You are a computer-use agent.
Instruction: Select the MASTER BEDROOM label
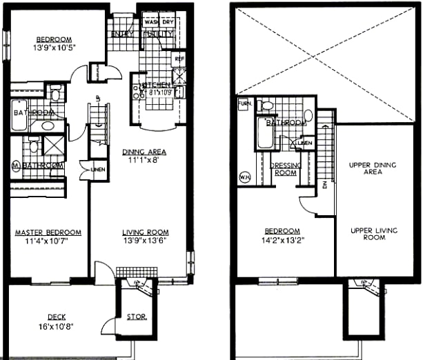pos(48,232)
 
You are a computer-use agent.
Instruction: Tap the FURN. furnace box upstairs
pos(244,105)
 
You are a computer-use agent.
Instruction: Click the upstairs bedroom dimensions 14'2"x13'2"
pos(284,240)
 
